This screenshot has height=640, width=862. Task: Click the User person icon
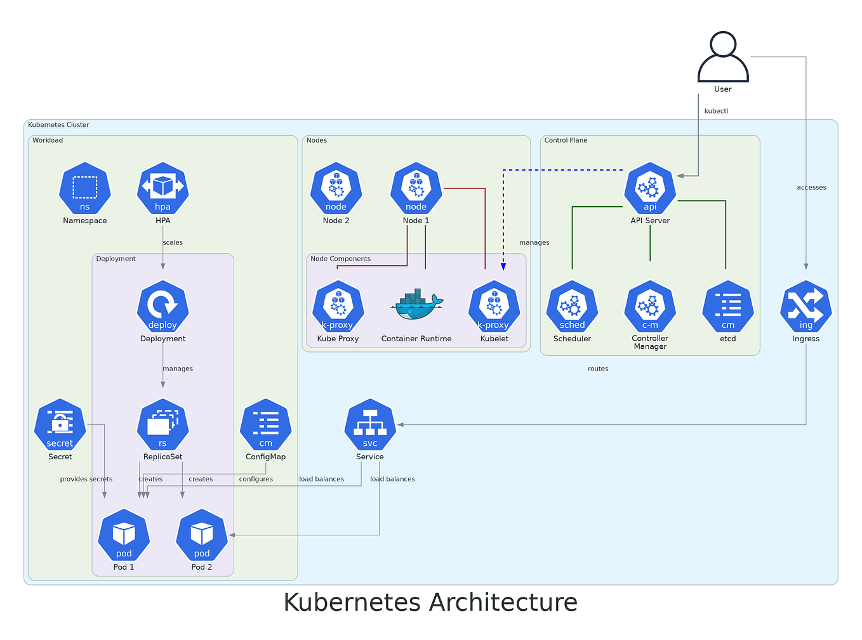coord(722,57)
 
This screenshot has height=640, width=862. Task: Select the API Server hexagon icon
coord(650,188)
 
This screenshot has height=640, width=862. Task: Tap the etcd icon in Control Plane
coord(727,307)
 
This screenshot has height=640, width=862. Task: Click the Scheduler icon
coord(572,307)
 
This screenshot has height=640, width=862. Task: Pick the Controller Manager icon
coord(650,307)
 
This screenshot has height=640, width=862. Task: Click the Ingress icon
coord(806,307)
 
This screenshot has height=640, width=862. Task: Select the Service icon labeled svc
coord(370,425)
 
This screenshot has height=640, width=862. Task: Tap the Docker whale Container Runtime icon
coord(416,305)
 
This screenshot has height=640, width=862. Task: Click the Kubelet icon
coord(494,307)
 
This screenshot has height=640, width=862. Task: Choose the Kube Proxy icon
coord(338,307)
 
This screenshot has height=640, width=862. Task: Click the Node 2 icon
coord(336,188)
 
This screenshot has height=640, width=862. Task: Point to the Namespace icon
coord(85,188)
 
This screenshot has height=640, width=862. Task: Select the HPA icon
coord(163,188)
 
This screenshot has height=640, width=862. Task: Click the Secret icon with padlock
coord(60,425)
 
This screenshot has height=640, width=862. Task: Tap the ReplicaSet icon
coord(163,425)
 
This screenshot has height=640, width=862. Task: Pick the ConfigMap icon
coord(266,425)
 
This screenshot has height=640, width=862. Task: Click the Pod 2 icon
coord(202,535)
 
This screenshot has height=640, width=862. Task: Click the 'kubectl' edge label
coord(716,111)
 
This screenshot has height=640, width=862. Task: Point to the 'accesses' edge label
coord(811,187)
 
